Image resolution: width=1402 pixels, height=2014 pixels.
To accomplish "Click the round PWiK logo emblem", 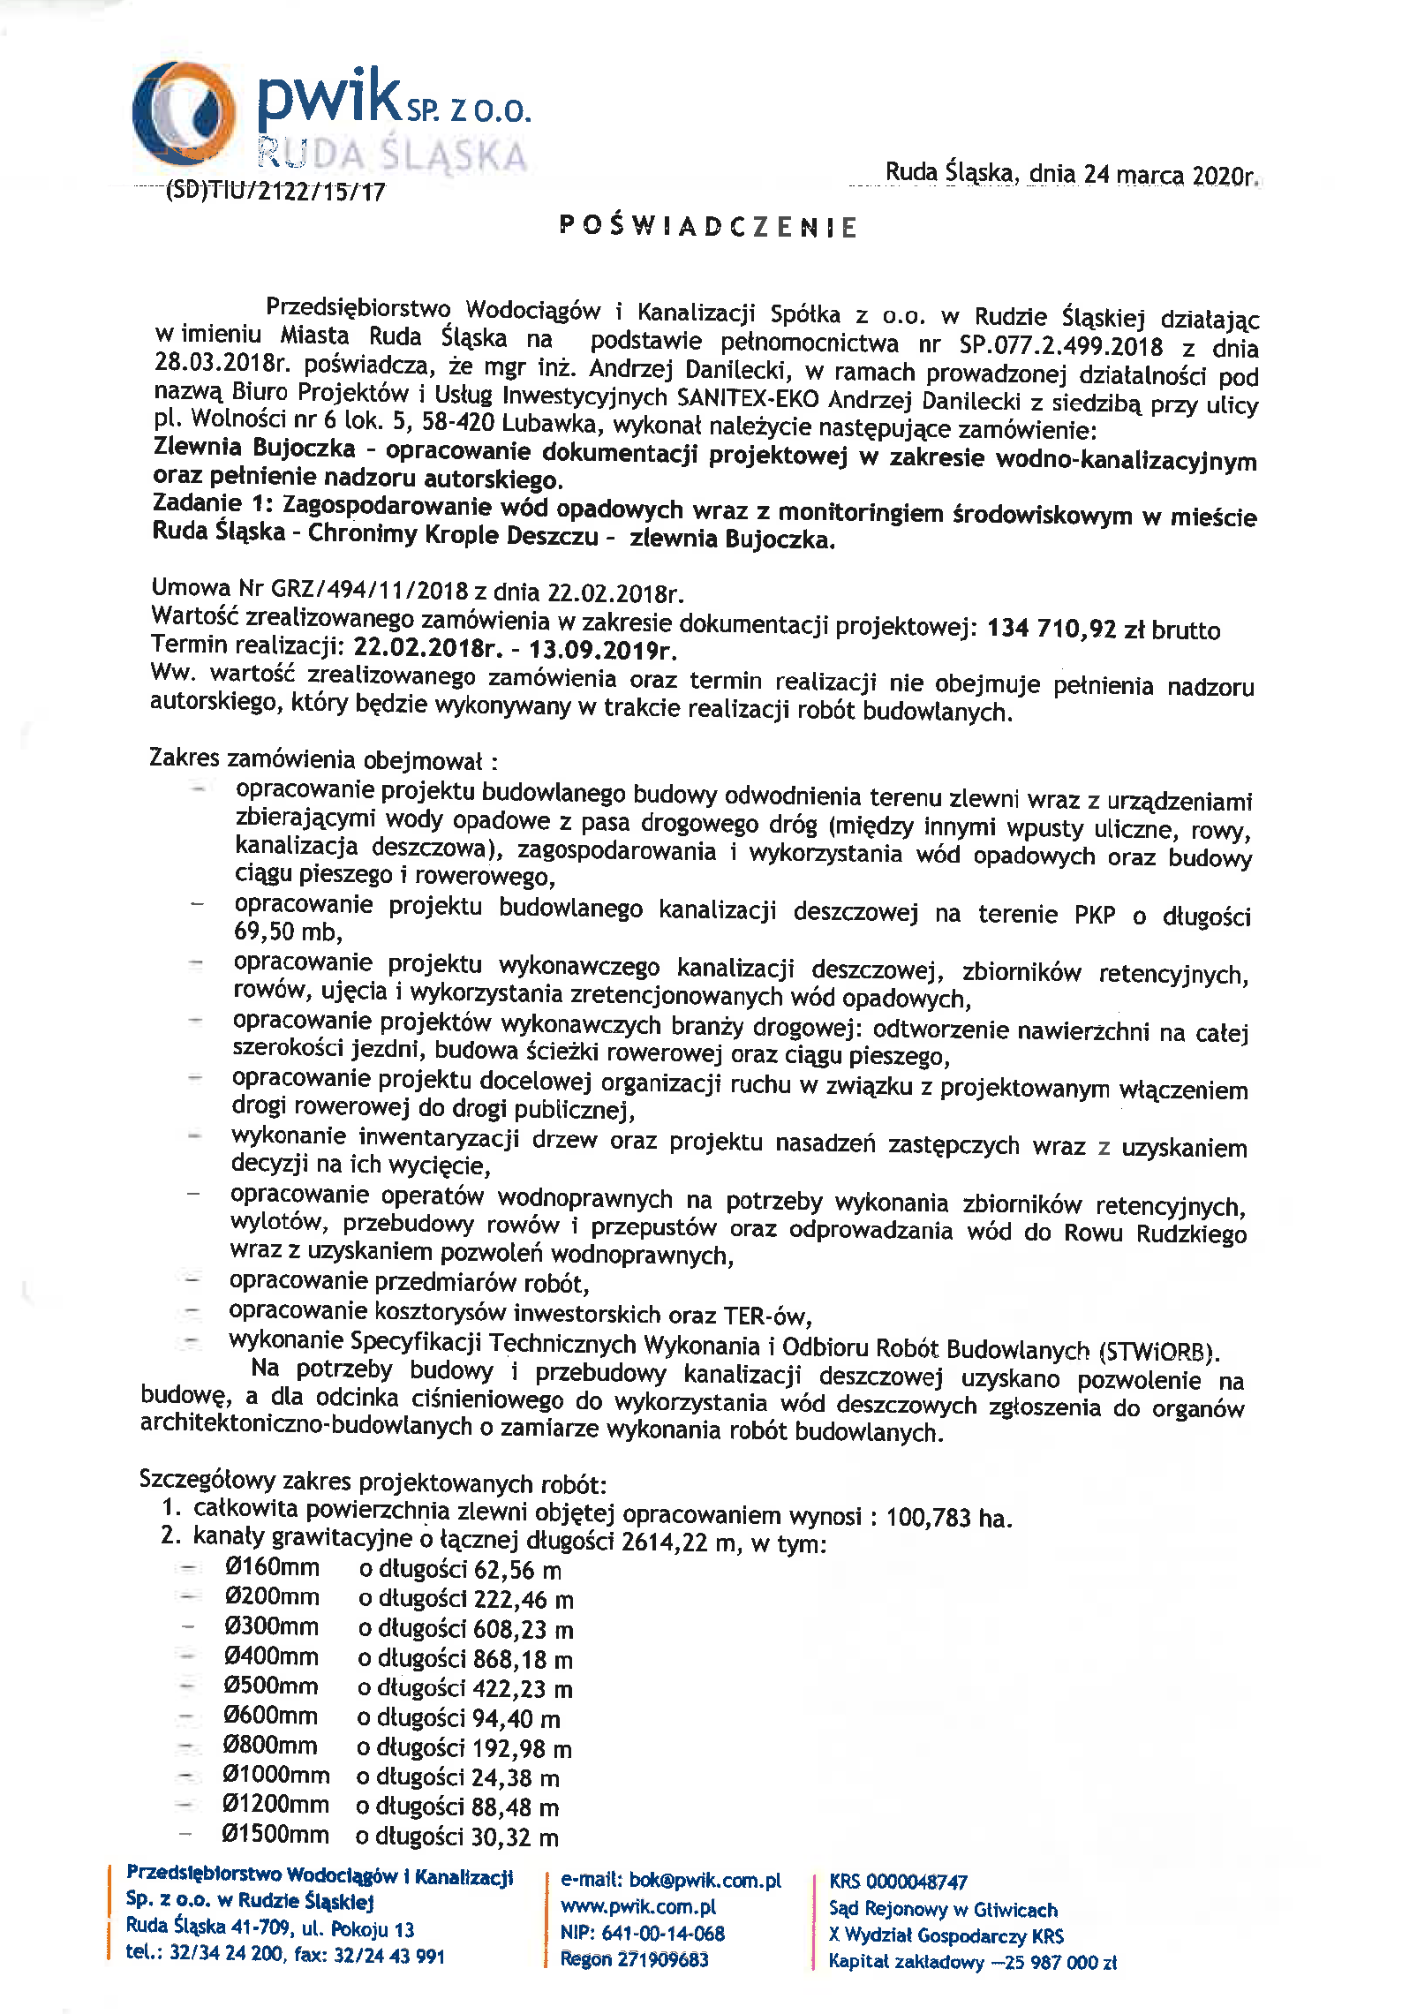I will (x=184, y=113).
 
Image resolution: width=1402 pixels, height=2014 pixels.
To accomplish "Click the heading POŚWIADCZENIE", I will (x=708, y=227).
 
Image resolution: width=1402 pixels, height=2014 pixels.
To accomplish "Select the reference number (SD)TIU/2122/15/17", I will (x=275, y=192).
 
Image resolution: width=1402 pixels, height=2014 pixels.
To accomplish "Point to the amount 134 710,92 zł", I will (x=1051, y=629).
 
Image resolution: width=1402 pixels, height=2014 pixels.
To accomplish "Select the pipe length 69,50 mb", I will (x=288, y=932).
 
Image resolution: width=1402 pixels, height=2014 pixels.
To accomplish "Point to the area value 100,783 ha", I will (x=948, y=1518).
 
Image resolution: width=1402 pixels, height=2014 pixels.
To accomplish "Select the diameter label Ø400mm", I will (x=271, y=1657).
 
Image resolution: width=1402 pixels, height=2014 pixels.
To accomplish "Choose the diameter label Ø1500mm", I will (x=275, y=1836).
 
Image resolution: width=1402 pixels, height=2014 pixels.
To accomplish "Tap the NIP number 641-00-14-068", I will (x=662, y=1934).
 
